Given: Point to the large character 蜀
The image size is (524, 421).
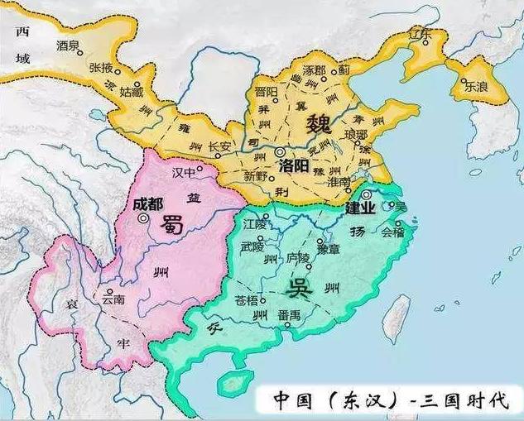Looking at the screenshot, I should [173, 224].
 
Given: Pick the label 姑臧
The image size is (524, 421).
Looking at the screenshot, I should [132, 89].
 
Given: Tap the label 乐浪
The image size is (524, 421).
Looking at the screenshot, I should [476, 85].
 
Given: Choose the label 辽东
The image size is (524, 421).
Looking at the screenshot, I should [421, 36].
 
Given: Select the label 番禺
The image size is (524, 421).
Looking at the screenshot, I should [290, 315].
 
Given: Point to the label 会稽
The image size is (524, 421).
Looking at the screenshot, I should [393, 232].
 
